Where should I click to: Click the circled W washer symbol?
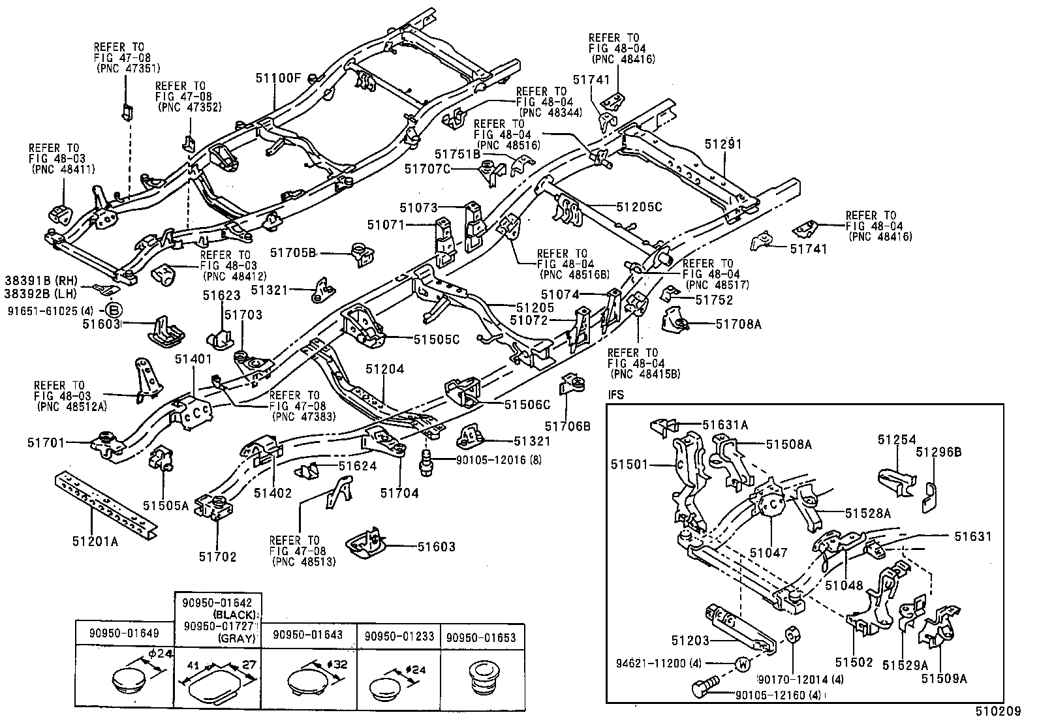(743, 664)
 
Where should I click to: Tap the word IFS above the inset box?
(617, 395)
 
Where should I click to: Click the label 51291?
(723, 144)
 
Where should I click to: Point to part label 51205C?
(639, 207)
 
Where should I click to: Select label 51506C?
(527, 404)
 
